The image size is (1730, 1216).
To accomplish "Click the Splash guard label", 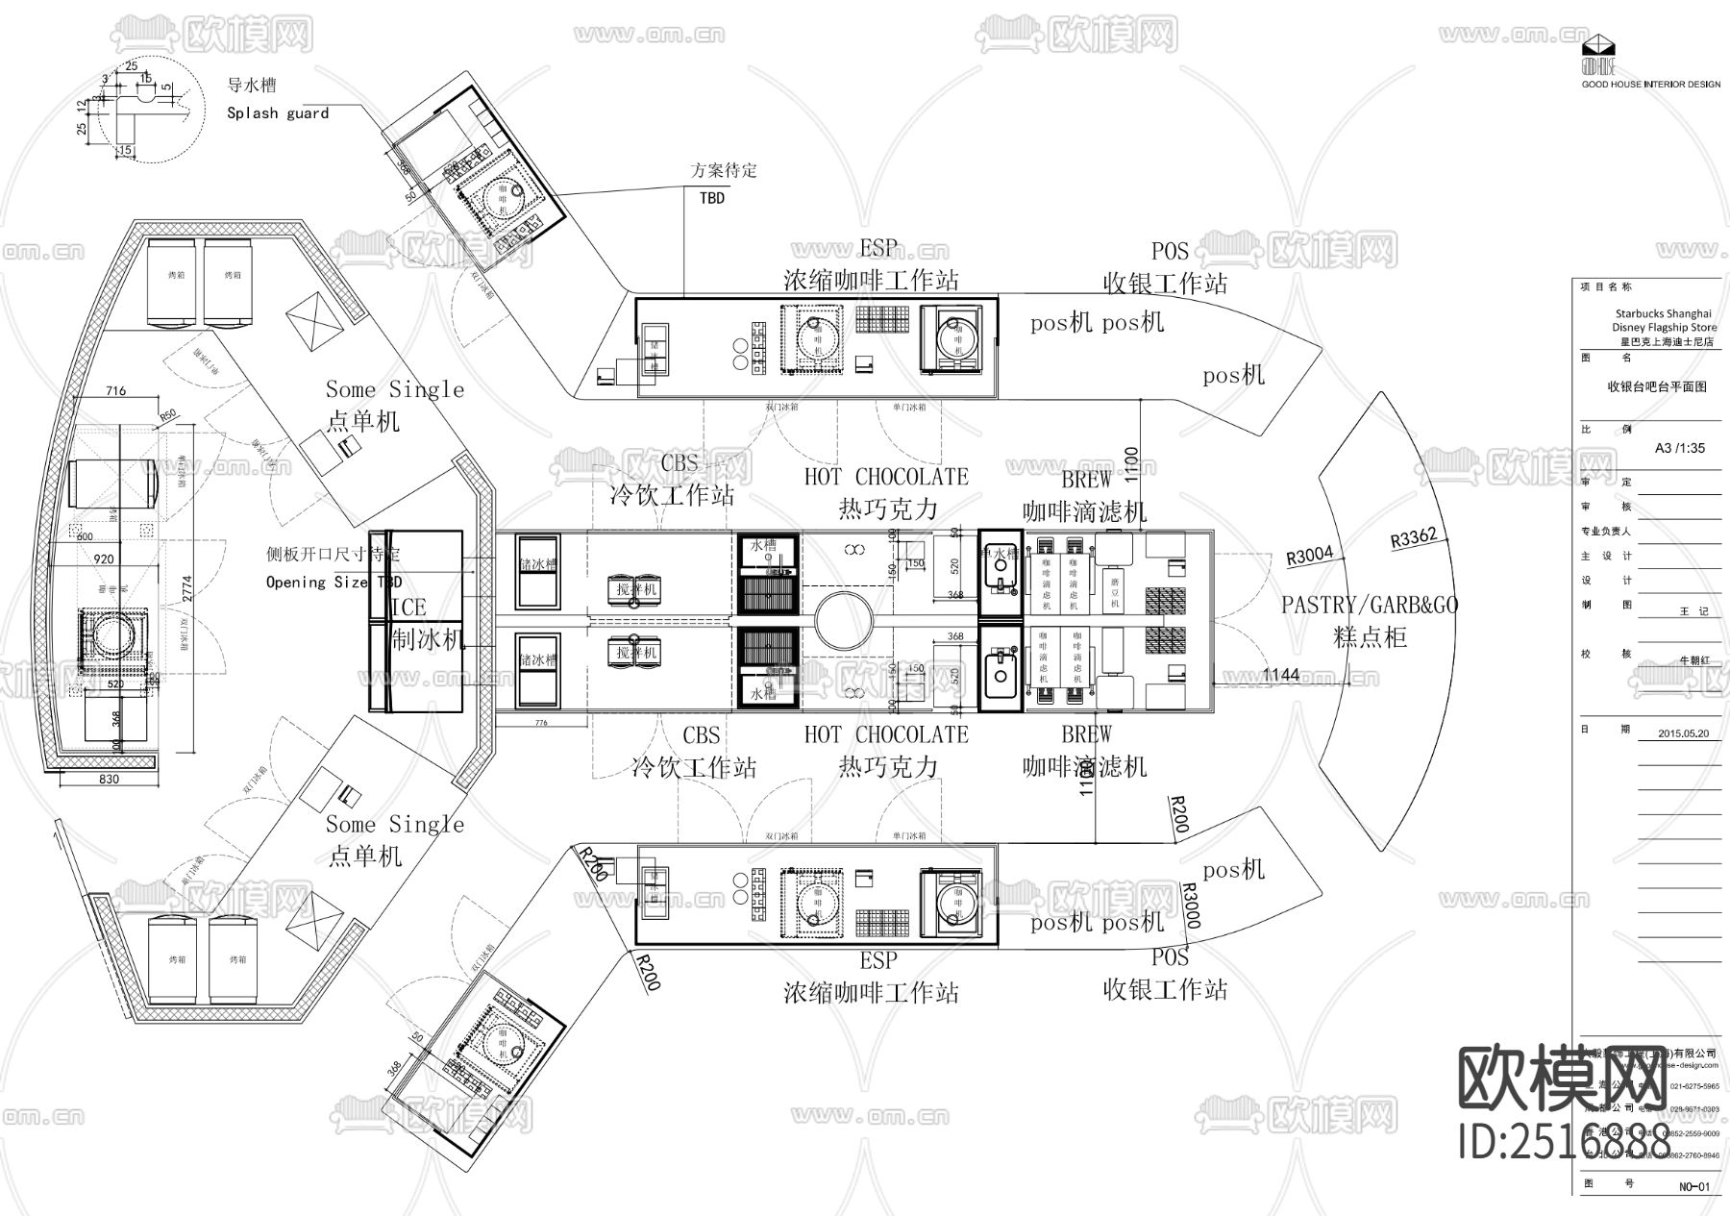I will [x=278, y=113].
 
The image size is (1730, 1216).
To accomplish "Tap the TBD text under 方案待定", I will [x=711, y=197].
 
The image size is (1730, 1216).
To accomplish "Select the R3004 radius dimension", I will [x=1310, y=556].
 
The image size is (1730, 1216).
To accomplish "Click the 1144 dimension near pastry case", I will [x=1280, y=675].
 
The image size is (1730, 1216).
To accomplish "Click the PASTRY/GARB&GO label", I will [x=1369, y=605].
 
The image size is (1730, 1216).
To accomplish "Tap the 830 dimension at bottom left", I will [x=109, y=779].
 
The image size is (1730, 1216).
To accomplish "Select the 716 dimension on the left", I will [x=115, y=391].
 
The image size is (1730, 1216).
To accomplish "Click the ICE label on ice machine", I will [x=408, y=608].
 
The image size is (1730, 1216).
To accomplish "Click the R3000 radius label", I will [x=1190, y=906].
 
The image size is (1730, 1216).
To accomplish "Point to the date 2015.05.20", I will [x=1683, y=732].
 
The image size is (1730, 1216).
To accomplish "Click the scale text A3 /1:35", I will [x=1680, y=448].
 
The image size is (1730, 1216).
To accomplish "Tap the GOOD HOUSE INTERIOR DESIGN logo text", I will [x=1651, y=85].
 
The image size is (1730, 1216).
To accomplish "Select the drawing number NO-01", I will [x=1694, y=1186].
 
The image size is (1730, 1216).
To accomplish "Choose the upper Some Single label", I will [x=394, y=389].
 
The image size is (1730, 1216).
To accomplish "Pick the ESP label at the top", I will [x=877, y=249].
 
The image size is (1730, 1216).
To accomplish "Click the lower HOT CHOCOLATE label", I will [x=886, y=734].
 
